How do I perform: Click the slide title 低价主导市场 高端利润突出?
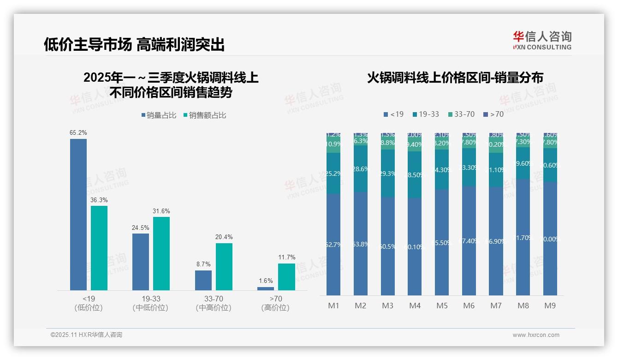(134, 44)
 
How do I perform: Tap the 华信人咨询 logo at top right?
(542, 40)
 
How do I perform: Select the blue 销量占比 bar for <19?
(78, 214)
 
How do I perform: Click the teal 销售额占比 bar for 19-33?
(161, 253)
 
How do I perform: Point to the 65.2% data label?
(78, 133)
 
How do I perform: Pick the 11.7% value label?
(286, 258)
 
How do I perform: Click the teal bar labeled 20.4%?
(224, 266)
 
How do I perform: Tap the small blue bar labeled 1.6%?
(266, 288)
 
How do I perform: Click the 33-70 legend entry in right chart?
(461, 114)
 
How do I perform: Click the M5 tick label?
(442, 306)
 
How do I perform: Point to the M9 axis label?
(550, 306)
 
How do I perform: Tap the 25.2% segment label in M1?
(333, 174)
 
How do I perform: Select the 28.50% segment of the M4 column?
(415, 175)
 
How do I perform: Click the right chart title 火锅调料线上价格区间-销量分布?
(455, 78)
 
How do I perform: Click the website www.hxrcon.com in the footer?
(536, 335)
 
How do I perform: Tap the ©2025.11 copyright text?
(86, 335)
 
